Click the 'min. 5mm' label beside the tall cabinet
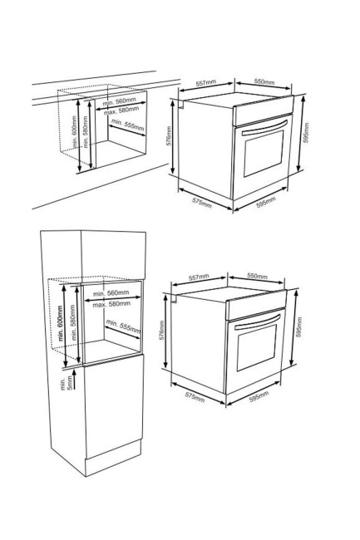click(66, 383)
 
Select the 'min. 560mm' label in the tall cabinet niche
click(111, 293)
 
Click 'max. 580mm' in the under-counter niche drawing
click(121, 110)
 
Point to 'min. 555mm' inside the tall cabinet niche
click(123, 326)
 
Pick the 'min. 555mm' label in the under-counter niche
click(128, 125)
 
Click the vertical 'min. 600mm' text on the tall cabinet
click(61, 324)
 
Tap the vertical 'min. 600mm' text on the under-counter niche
click(74, 132)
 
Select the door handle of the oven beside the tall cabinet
click(258, 322)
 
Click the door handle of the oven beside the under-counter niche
click(265, 128)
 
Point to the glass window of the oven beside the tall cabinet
click(257, 346)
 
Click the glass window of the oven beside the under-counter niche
click(264, 153)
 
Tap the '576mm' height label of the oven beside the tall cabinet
click(161, 331)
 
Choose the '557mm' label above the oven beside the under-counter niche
click(206, 83)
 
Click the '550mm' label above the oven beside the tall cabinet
click(258, 276)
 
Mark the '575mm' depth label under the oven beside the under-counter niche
click(202, 203)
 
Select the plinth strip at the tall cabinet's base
click(113, 458)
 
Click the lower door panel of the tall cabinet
click(114, 406)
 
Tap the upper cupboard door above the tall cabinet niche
click(113, 255)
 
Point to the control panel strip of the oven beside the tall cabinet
click(256, 304)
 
